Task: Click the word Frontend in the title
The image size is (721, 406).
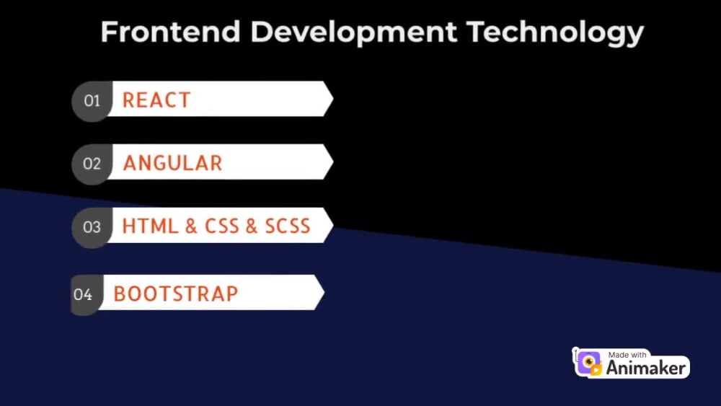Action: [171, 32]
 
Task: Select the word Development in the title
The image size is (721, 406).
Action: [353, 33]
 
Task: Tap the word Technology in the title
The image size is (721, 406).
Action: [555, 33]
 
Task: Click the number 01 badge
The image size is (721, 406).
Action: [92, 101]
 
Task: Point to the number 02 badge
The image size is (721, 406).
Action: [92, 164]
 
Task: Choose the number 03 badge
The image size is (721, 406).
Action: [92, 228]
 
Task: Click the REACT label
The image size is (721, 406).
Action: [156, 100]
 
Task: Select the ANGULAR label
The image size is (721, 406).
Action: [173, 163]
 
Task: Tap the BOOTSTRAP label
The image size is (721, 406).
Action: [176, 294]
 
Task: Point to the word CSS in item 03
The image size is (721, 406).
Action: [222, 226]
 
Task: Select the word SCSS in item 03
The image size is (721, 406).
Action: [288, 226]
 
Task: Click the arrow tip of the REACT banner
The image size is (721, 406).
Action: [333, 98]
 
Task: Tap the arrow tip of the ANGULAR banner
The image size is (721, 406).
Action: [333, 162]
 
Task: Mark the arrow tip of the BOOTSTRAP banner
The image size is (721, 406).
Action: [324, 293]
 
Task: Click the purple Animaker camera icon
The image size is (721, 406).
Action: [589, 363]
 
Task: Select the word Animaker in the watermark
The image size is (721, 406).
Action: [646, 368]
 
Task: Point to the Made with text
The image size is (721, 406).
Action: [627, 355]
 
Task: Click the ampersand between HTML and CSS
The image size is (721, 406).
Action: [191, 226]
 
